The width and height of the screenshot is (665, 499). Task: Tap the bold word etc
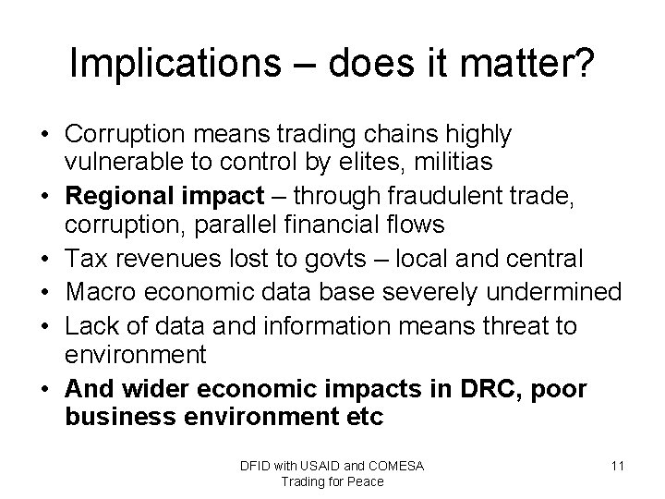364,417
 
